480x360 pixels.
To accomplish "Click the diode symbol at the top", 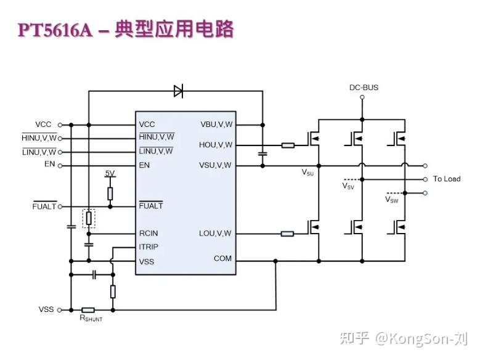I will click(178, 92).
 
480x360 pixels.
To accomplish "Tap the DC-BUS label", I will click(363, 88).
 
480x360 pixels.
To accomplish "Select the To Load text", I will click(446, 179).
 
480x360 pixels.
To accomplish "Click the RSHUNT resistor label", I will click(91, 318).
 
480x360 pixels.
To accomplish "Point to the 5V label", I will click(110, 173).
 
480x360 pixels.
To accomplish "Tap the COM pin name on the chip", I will click(222, 258).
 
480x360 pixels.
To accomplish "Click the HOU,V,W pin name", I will click(216, 145).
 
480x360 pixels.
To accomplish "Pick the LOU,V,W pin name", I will click(215, 234).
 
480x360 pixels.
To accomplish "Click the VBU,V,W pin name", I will click(216, 125).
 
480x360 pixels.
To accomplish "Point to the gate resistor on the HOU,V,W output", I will click(288, 145).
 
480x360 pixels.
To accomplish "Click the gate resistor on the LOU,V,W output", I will click(288, 234).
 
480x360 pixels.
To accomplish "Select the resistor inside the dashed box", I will click(89, 218).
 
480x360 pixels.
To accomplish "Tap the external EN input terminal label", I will click(49, 165).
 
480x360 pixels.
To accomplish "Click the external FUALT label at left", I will click(44, 207).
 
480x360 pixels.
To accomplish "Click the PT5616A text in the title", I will click(55, 30).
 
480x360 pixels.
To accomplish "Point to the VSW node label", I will click(391, 200).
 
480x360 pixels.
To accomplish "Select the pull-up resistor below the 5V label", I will click(110, 193).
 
